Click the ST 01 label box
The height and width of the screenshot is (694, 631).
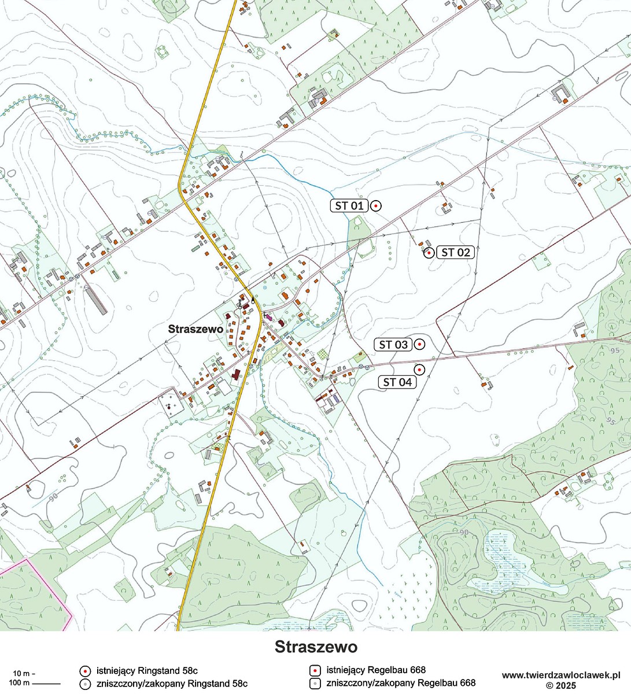(349, 205)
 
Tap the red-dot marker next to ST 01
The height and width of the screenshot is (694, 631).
(375, 205)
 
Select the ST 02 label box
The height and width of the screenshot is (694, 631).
(455, 252)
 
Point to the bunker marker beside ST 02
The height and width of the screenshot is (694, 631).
(429, 253)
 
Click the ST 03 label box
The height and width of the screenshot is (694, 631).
(393, 344)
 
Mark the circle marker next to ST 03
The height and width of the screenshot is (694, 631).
(420, 344)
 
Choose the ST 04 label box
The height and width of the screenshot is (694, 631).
(397, 382)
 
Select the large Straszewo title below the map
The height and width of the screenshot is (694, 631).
(316, 646)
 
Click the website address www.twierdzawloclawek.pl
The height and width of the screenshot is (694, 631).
(561, 675)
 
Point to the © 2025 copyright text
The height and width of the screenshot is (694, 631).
(561, 685)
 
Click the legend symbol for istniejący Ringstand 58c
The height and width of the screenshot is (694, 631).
(85, 671)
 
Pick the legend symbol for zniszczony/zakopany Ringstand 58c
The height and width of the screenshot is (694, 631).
(85, 684)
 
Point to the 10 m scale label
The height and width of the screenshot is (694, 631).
(23, 673)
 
